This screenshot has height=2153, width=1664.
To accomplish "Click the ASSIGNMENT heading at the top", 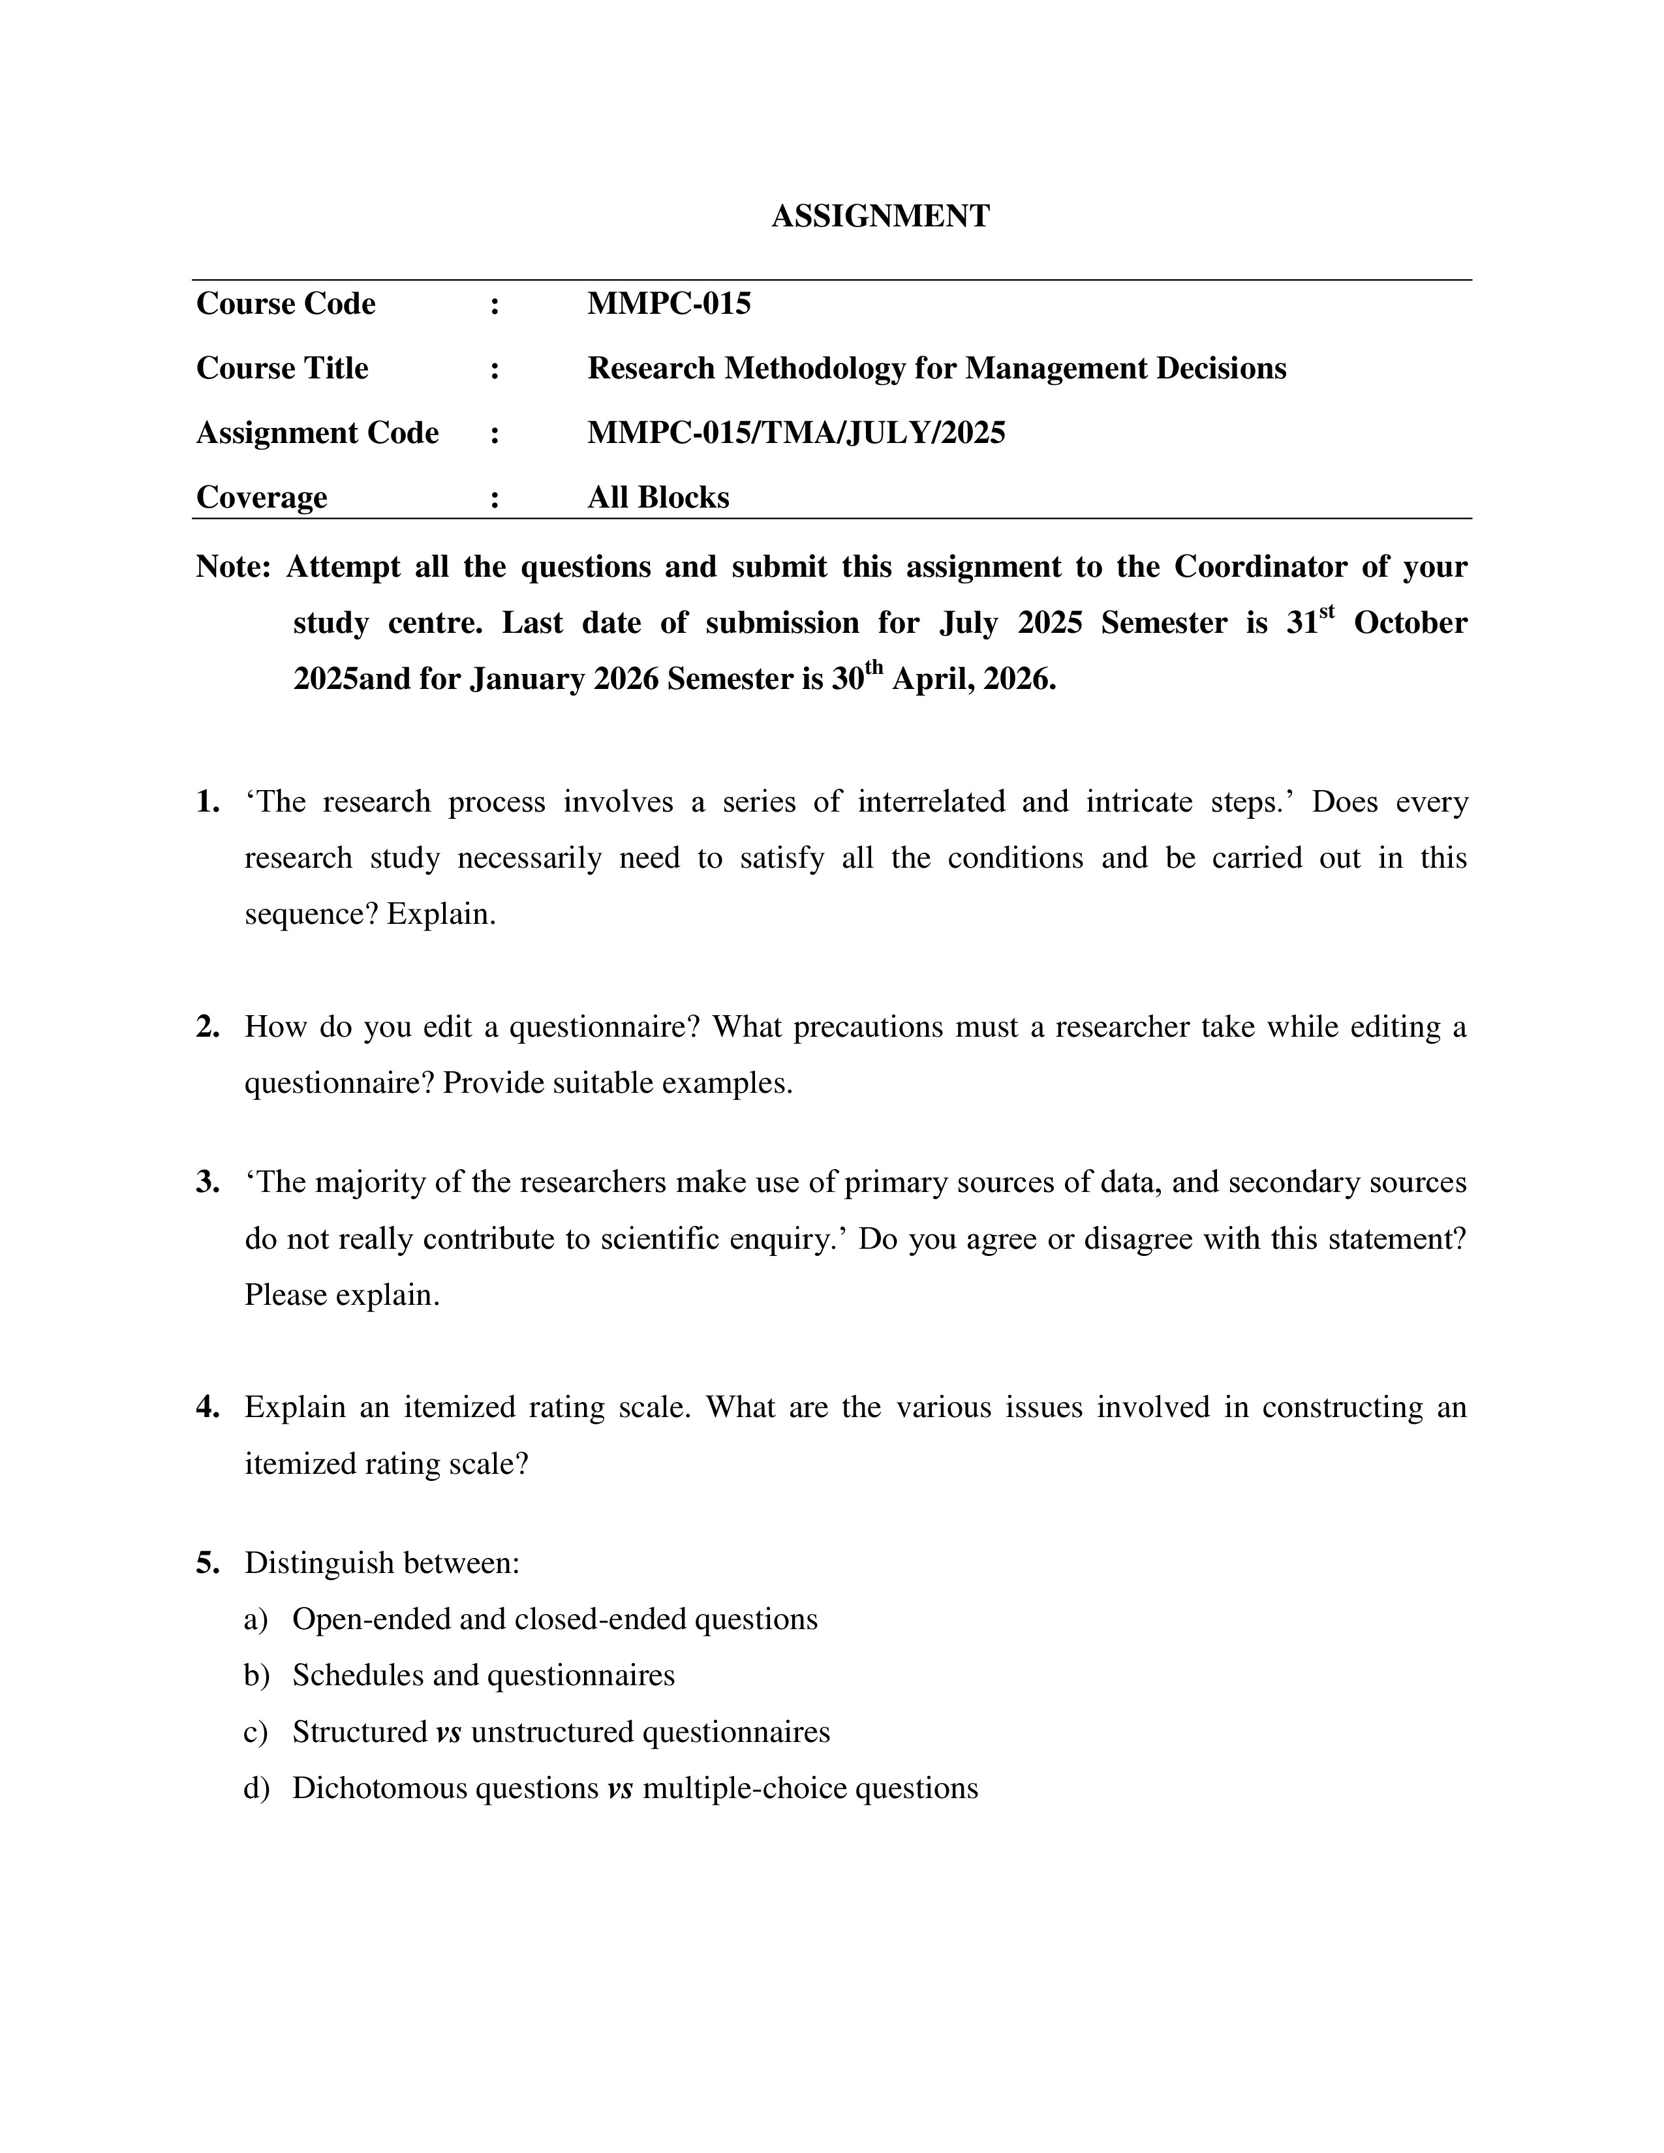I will tap(880, 216).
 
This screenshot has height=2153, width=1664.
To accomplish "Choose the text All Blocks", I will tap(658, 497).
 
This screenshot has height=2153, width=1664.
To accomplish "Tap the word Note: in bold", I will tap(233, 567).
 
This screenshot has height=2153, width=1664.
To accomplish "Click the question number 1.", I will tap(207, 801).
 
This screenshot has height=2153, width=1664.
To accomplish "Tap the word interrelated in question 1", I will tap(931, 801).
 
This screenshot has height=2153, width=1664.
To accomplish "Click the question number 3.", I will tap(207, 1182).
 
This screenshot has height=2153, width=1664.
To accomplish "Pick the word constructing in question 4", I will tap(1343, 1407).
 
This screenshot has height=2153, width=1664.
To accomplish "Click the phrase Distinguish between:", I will tap(382, 1563).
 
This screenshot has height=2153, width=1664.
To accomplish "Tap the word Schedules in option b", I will tap(358, 1675).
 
